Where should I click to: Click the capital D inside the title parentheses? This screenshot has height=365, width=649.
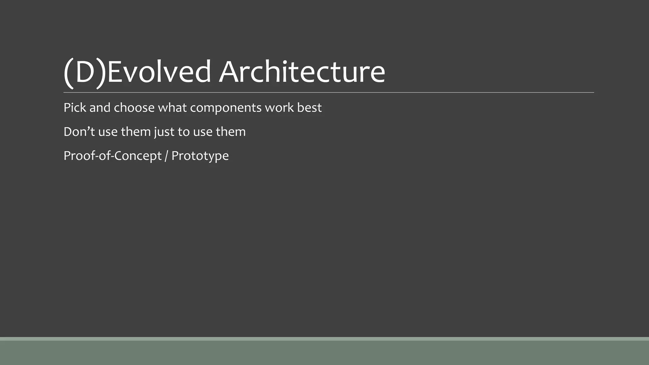(x=85, y=72)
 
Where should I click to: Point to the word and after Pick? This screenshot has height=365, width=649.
(x=100, y=108)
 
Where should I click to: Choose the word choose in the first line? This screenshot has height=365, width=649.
(x=134, y=108)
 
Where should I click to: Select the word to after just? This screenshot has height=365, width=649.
(x=183, y=132)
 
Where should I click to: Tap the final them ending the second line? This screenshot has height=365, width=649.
(x=230, y=132)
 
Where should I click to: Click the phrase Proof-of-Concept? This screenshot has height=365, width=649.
(x=112, y=156)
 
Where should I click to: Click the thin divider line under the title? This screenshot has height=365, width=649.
(x=329, y=93)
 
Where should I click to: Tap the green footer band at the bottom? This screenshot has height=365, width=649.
(x=324, y=352)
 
